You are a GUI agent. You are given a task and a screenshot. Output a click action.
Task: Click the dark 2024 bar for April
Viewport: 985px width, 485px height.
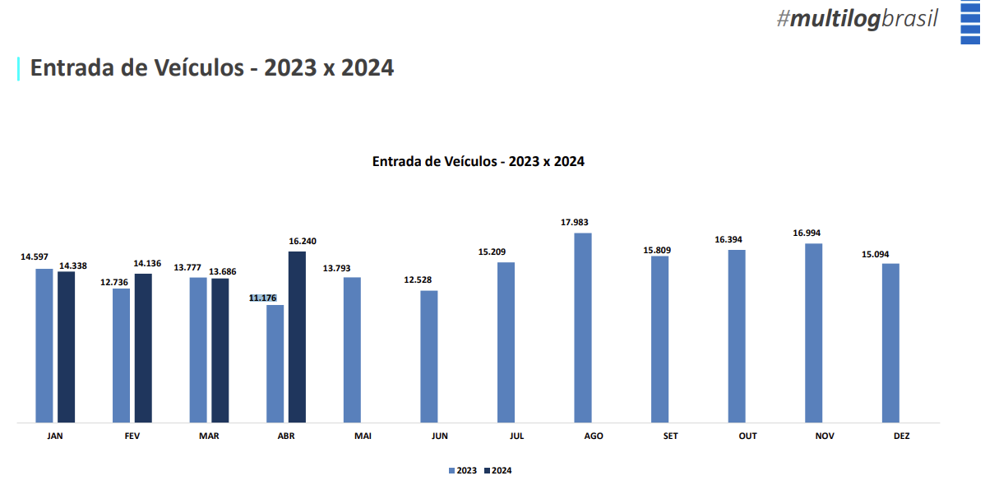coord(297,337)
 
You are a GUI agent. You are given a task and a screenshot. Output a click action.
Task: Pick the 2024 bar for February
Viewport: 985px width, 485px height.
coord(143,348)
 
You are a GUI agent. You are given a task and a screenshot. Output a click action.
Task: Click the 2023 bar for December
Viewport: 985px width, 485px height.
coord(890,343)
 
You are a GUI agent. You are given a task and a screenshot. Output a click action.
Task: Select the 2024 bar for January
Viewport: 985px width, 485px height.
coord(66,347)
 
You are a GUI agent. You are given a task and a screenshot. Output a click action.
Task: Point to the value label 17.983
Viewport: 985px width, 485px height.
coord(575,222)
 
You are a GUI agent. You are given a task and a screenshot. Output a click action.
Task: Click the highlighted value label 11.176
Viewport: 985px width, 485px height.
coord(263,298)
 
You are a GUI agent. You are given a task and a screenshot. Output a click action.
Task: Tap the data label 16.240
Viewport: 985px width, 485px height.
coord(303,241)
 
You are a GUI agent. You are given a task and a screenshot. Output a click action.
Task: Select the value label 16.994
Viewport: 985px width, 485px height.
coord(807,233)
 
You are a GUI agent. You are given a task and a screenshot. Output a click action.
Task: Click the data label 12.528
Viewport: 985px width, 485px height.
coord(418,280)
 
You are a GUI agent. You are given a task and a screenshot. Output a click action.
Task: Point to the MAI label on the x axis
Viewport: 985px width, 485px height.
coord(363,436)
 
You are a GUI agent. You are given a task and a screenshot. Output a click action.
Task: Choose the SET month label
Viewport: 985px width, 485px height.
coord(670,436)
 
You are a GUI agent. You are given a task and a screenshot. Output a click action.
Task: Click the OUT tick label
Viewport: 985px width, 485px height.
coord(747,436)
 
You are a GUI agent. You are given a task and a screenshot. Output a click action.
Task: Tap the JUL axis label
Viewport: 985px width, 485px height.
coord(516,436)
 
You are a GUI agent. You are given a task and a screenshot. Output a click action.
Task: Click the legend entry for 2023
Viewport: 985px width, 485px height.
coord(463,470)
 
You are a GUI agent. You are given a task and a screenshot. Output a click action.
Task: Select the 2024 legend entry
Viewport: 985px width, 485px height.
coord(498,470)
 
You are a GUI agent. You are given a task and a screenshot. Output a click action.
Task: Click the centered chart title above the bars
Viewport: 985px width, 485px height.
coord(479,161)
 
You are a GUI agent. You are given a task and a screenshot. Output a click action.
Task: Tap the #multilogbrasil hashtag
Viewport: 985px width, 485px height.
coord(857,19)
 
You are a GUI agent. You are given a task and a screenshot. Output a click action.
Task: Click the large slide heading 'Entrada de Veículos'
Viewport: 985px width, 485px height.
coord(212,67)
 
